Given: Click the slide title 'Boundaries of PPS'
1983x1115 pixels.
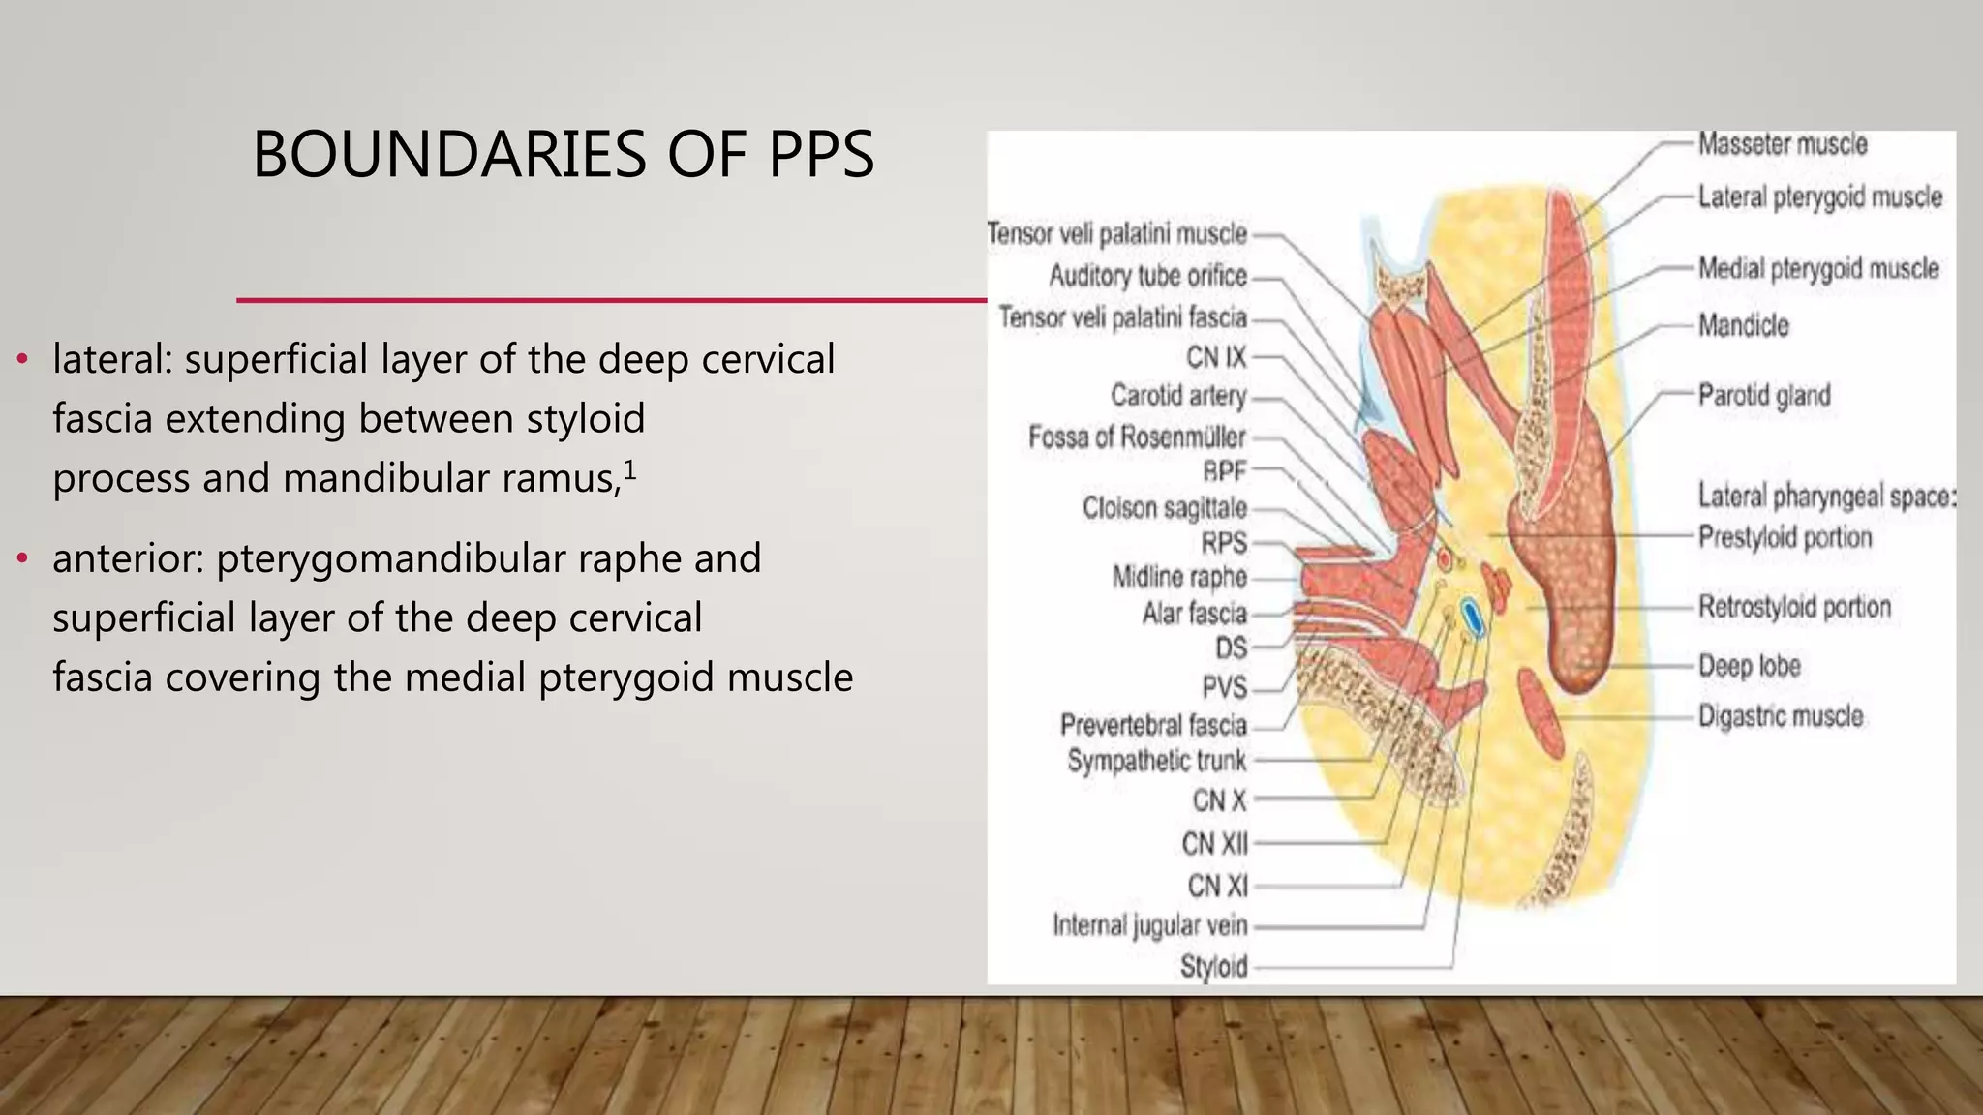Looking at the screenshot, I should (563, 155).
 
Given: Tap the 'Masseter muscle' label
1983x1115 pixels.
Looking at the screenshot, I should (1782, 144).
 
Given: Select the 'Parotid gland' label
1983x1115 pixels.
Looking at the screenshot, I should (1763, 396).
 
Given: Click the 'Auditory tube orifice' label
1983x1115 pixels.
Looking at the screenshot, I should (1147, 276).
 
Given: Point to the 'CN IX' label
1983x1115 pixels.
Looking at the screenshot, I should (1216, 357).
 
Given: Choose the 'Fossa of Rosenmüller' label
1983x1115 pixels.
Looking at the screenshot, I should (1137, 437).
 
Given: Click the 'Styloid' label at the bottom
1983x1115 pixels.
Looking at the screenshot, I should (1213, 966).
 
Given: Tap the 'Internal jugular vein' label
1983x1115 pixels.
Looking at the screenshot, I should (1149, 925).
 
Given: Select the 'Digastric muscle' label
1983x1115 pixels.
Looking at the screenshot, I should (1780, 716).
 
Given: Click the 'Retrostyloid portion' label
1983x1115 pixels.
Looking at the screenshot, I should (1793, 607).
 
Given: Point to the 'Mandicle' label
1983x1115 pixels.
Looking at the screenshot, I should (1743, 325).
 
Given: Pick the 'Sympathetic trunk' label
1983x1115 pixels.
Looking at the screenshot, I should (1156, 761).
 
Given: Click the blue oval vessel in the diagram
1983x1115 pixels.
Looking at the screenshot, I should (1471, 618).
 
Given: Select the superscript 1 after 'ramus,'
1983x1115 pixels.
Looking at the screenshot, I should (629, 470).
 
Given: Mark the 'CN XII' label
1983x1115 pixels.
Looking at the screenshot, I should (1214, 844).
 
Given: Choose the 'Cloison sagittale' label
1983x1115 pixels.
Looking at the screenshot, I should (1164, 508).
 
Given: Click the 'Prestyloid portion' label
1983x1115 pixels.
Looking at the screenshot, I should (1785, 537).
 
